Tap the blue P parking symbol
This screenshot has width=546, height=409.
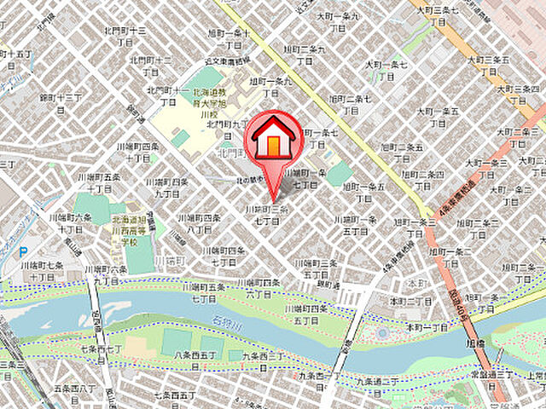click(23, 252)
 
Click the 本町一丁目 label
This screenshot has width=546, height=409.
click(427, 327)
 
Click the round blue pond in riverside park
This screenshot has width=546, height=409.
click(381, 333)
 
